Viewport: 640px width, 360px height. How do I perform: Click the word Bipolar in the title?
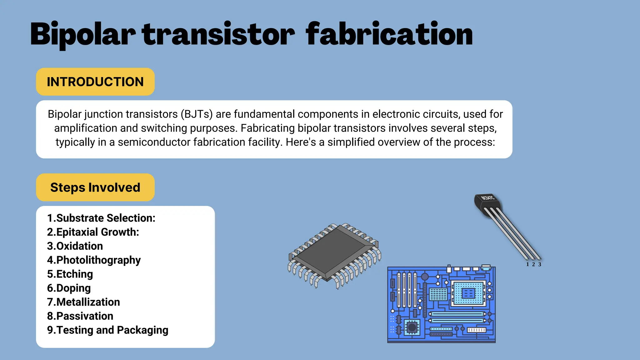(83, 34)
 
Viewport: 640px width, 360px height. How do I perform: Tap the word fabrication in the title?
(389, 34)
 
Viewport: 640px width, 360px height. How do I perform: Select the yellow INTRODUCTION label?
(95, 82)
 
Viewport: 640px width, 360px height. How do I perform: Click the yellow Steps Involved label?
(95, 187)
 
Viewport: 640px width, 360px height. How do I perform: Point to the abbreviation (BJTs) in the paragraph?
(197, 114)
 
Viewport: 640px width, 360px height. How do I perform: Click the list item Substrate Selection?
(101, 218)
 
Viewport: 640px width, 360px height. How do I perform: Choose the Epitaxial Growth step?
(93, 232)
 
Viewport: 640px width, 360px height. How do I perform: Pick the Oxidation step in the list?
(75, 246)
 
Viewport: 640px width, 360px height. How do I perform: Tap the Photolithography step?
(94, 260)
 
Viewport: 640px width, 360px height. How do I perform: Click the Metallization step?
(83, 302)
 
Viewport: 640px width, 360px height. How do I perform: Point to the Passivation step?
(80, 316)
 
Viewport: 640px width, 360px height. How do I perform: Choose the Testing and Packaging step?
(107, 330)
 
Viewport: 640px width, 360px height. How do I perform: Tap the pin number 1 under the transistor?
(527, 264)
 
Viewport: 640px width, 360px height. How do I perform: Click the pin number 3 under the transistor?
(540, 264)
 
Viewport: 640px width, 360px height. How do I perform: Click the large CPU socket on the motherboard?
(468, 293)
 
